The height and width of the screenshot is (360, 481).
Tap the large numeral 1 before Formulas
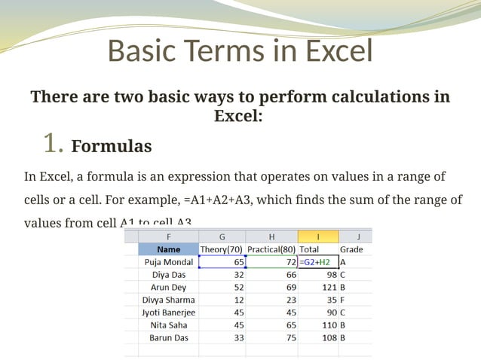[x=51, y=142]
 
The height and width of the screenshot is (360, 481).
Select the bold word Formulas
[x=112, y=146]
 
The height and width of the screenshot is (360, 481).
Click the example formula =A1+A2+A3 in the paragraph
[x=224, y=200]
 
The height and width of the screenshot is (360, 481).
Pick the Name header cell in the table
[x=169, y=249]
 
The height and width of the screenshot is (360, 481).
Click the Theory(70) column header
[x=221, y=249]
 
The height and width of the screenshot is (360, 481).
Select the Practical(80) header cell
[x=271, y=249]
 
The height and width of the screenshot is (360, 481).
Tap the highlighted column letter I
[x=317, y=236]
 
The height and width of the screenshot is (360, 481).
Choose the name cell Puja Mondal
[x=169, y=262]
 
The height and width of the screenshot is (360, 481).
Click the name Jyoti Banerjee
[x=169, y=313]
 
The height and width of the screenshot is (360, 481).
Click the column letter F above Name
[x=169, y=236]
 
